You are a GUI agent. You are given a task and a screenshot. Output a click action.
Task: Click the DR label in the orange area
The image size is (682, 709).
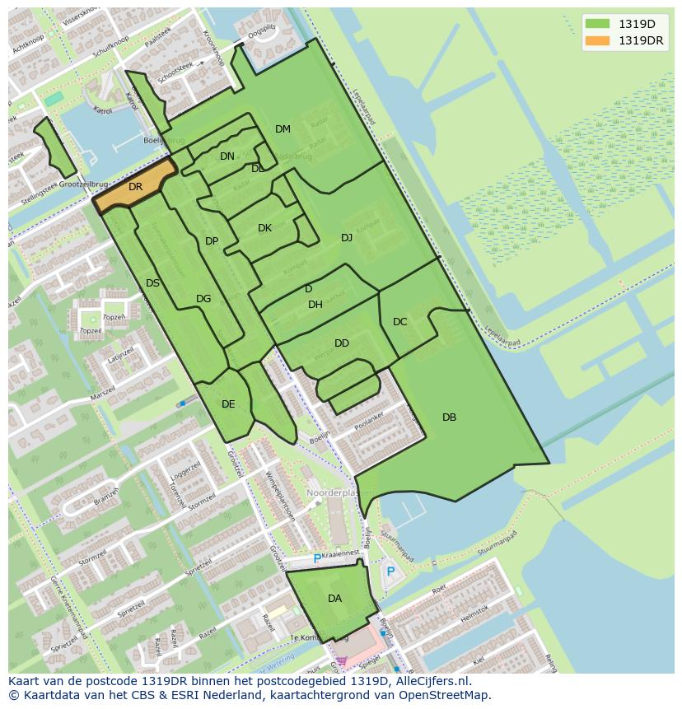136,187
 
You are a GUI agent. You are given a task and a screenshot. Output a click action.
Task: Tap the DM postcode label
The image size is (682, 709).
283,129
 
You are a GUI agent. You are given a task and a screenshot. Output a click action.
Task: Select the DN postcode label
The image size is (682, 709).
227,156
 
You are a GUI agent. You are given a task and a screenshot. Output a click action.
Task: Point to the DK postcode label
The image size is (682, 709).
264,228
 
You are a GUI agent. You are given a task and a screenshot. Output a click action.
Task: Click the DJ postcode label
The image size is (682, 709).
347,238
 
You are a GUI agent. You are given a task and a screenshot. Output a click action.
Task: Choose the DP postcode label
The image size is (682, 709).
212,241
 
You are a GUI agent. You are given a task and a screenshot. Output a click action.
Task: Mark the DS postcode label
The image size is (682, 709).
152,283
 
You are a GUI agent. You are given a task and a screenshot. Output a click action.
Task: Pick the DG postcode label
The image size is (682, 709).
203,299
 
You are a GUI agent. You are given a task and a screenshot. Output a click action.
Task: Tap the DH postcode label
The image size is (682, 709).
315,305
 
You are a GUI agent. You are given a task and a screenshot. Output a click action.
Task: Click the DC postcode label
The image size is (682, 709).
400,322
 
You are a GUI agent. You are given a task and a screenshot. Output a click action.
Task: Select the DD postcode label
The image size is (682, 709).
342,343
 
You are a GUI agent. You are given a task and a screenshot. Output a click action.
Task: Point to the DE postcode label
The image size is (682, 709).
228,404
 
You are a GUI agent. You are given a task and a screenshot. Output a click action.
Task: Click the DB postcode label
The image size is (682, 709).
449,417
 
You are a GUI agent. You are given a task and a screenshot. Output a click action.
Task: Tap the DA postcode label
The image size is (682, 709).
334,599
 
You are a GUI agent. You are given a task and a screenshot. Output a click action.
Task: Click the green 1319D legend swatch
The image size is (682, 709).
597,23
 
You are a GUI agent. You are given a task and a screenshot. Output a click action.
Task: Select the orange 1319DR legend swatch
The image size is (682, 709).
597,40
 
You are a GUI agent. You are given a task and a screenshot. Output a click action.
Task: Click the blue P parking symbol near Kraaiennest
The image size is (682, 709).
317,559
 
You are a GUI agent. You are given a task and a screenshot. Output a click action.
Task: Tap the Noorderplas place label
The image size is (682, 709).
330,492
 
